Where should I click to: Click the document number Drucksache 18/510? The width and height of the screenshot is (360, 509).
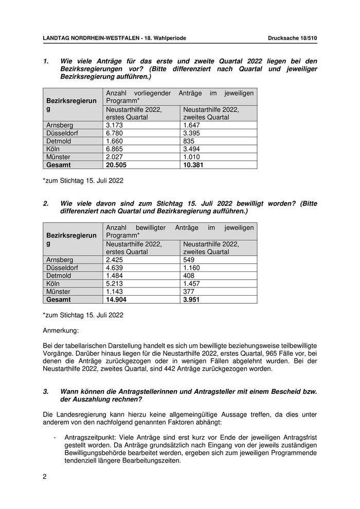coord(293,38)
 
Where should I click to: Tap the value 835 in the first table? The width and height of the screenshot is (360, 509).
coord(189,141)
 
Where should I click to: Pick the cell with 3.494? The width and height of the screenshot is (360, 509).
coord(191,149)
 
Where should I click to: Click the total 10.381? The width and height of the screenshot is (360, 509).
coord(193,165)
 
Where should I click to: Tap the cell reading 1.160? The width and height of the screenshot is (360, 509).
coord(191,268)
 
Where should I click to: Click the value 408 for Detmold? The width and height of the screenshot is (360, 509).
coord(189,276)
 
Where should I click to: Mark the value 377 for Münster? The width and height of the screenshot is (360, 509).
coord(189,292)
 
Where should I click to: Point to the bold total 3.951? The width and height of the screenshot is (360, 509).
coord(191,300)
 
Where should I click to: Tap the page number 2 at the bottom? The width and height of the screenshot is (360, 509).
coord(45,477)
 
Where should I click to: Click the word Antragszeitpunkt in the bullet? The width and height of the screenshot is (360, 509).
coord(87,437)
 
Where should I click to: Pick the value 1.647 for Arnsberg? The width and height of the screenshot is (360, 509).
coord(191,125)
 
